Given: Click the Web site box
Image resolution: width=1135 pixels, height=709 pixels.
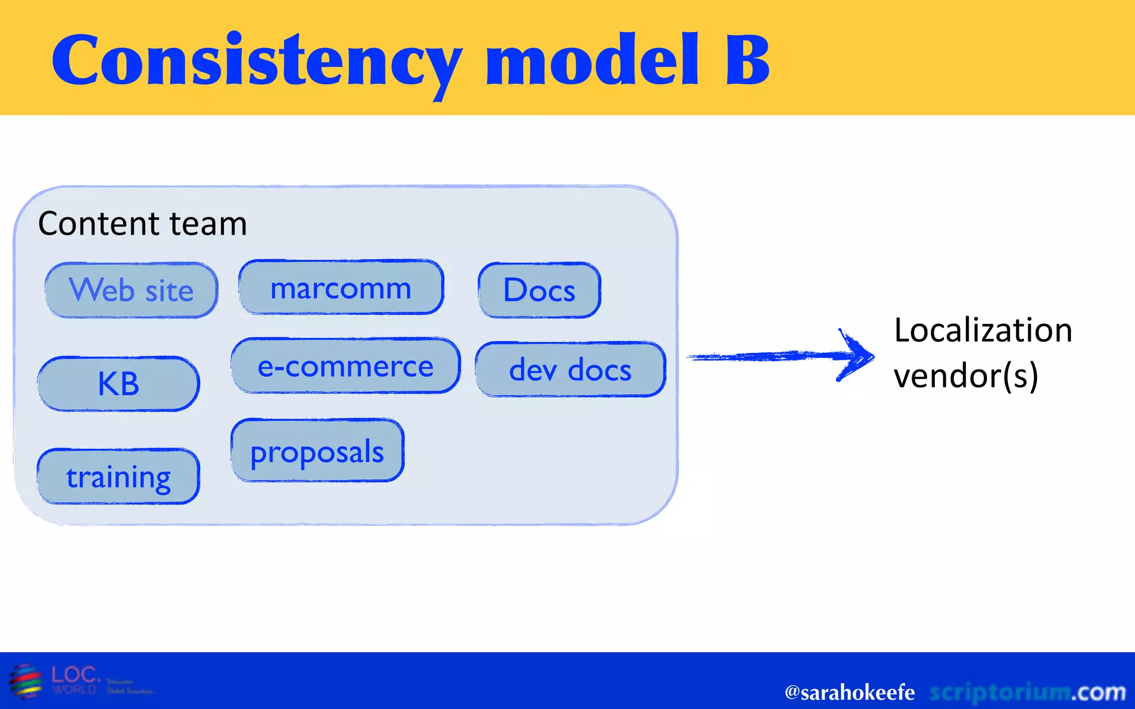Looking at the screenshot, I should coord(131,290).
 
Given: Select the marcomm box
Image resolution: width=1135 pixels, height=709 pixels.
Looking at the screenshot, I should coord(341,287).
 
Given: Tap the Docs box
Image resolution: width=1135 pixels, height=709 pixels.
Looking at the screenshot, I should coord(539,290).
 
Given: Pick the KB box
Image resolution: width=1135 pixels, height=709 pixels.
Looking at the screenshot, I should coord(118,384).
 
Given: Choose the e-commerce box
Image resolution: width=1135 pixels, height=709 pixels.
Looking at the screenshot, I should coord(346,366).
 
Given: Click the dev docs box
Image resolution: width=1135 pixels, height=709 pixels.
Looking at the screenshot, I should coord(570,369).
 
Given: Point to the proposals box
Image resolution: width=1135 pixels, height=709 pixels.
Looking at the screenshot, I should coord(317,451).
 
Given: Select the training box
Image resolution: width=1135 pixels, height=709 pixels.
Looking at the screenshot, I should coord(118,477).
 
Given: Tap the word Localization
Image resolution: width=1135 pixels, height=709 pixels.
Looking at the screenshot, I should coord(983,331).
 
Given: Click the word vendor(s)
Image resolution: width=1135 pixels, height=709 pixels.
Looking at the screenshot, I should coord(965,377).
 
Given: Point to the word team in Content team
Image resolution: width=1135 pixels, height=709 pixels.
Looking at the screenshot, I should coord(208,224).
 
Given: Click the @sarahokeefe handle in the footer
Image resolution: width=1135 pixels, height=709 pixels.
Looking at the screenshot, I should coord(849,692).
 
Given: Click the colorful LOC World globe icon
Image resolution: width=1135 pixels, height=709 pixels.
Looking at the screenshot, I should coord(25,681).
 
